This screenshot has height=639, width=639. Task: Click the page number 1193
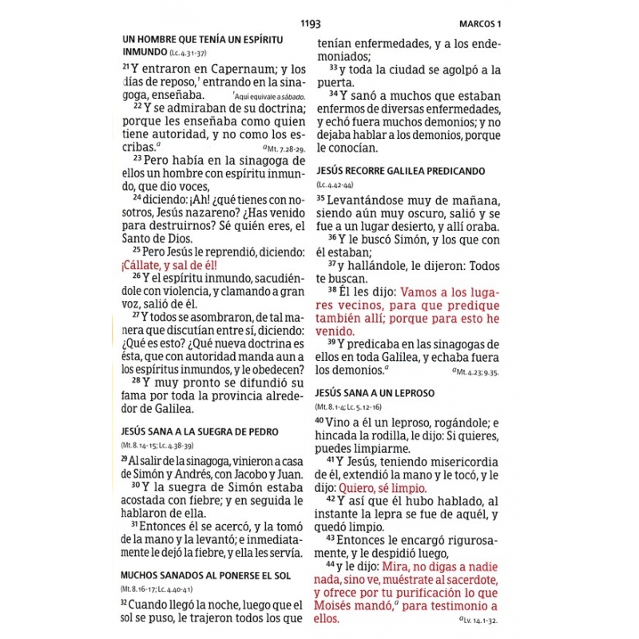pyautogui.click(x=310, y=23)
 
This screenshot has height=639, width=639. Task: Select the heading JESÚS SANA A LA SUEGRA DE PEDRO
pyautogui.click(x=199, y=432)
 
